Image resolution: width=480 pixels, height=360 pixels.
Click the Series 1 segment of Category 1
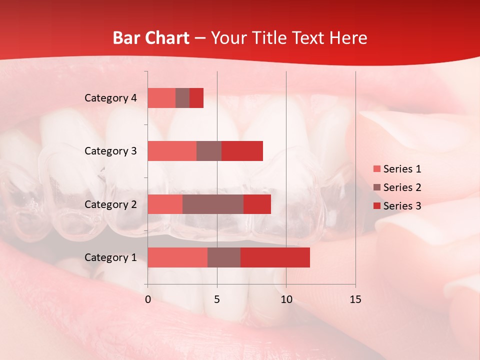pos(177,257)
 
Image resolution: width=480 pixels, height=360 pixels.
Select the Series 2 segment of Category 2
pos(213,204)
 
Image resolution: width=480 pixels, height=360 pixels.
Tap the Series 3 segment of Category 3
pos(242,151)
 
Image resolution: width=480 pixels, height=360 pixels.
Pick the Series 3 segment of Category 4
pos(196,98)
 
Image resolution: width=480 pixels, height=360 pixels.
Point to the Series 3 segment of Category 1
pos(275,257)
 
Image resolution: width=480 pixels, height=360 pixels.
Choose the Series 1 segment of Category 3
pos(172,151)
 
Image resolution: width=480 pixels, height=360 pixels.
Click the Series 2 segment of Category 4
pos(182,98)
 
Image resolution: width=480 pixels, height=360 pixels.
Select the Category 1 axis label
pos(110,257)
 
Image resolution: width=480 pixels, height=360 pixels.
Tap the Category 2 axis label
pos(110,204)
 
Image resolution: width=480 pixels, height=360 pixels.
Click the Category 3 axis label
pos(110,151)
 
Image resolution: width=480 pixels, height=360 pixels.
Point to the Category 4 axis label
pos(110,98)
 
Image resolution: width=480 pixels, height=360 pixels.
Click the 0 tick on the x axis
pos(148,299)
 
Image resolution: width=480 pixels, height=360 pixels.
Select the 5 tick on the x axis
pos(217,299)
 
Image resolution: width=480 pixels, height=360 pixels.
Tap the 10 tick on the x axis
pos(286,299)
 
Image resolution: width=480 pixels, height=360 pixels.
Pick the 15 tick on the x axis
pos(355,299)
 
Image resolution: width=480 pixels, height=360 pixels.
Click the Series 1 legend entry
pos(397,169)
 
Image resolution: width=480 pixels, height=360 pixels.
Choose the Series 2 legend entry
pos(397,187)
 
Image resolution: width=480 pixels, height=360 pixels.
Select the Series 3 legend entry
pos(397,206)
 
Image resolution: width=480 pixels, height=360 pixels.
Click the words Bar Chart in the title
pos(151,38)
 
